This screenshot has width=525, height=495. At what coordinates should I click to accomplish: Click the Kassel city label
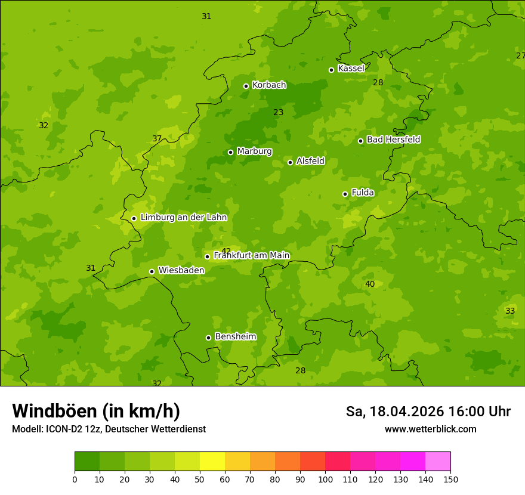pyautogui.click(x=351, y=69)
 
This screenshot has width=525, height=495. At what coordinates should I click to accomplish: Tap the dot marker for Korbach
pyautogui.click(x=246, y=86)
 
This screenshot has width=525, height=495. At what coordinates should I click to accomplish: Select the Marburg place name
pyautogui.click(x=254, y=151)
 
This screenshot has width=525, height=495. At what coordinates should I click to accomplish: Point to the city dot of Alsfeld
pyautogui.click(x=290, y=162)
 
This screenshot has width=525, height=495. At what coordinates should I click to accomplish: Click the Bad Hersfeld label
pyautogui.click(x=393, y=140)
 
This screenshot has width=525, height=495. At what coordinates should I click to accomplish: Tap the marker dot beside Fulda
pyautogui.click(x=345, y=194)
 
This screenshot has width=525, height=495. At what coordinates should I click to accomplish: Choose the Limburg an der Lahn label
pyautogui.click(x=183, y=218)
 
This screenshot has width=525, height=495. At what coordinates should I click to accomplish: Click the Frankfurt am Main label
pyautogui.click(x=251, y=256)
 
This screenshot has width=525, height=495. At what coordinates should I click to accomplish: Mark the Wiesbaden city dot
pyautogui.click(x=152, y=271)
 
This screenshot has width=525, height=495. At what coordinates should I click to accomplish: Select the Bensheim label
pyautogui.click(x=235, y=337)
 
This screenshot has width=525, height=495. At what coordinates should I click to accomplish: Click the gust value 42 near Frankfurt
pyautogui.click(x=226, y=251)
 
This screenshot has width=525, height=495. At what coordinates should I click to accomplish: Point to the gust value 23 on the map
pyautogui.click(x=279, y=112)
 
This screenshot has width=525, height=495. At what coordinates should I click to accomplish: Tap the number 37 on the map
pyautogui.click(x=157, y=138)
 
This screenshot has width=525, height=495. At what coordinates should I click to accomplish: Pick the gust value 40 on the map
pyautogui.click(x=370, y=284)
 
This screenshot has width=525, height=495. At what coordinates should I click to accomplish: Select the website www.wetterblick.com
pyautogui.click(x=430, y=429)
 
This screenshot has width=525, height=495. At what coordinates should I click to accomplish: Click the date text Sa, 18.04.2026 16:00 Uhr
pyautogui.click(x=428, y=412)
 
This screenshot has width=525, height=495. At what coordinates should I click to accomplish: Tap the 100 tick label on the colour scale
pyautogui.click(x=325, y=479)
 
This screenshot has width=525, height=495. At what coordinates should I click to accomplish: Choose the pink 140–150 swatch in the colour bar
pyautogui.click(x=438, y=462)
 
